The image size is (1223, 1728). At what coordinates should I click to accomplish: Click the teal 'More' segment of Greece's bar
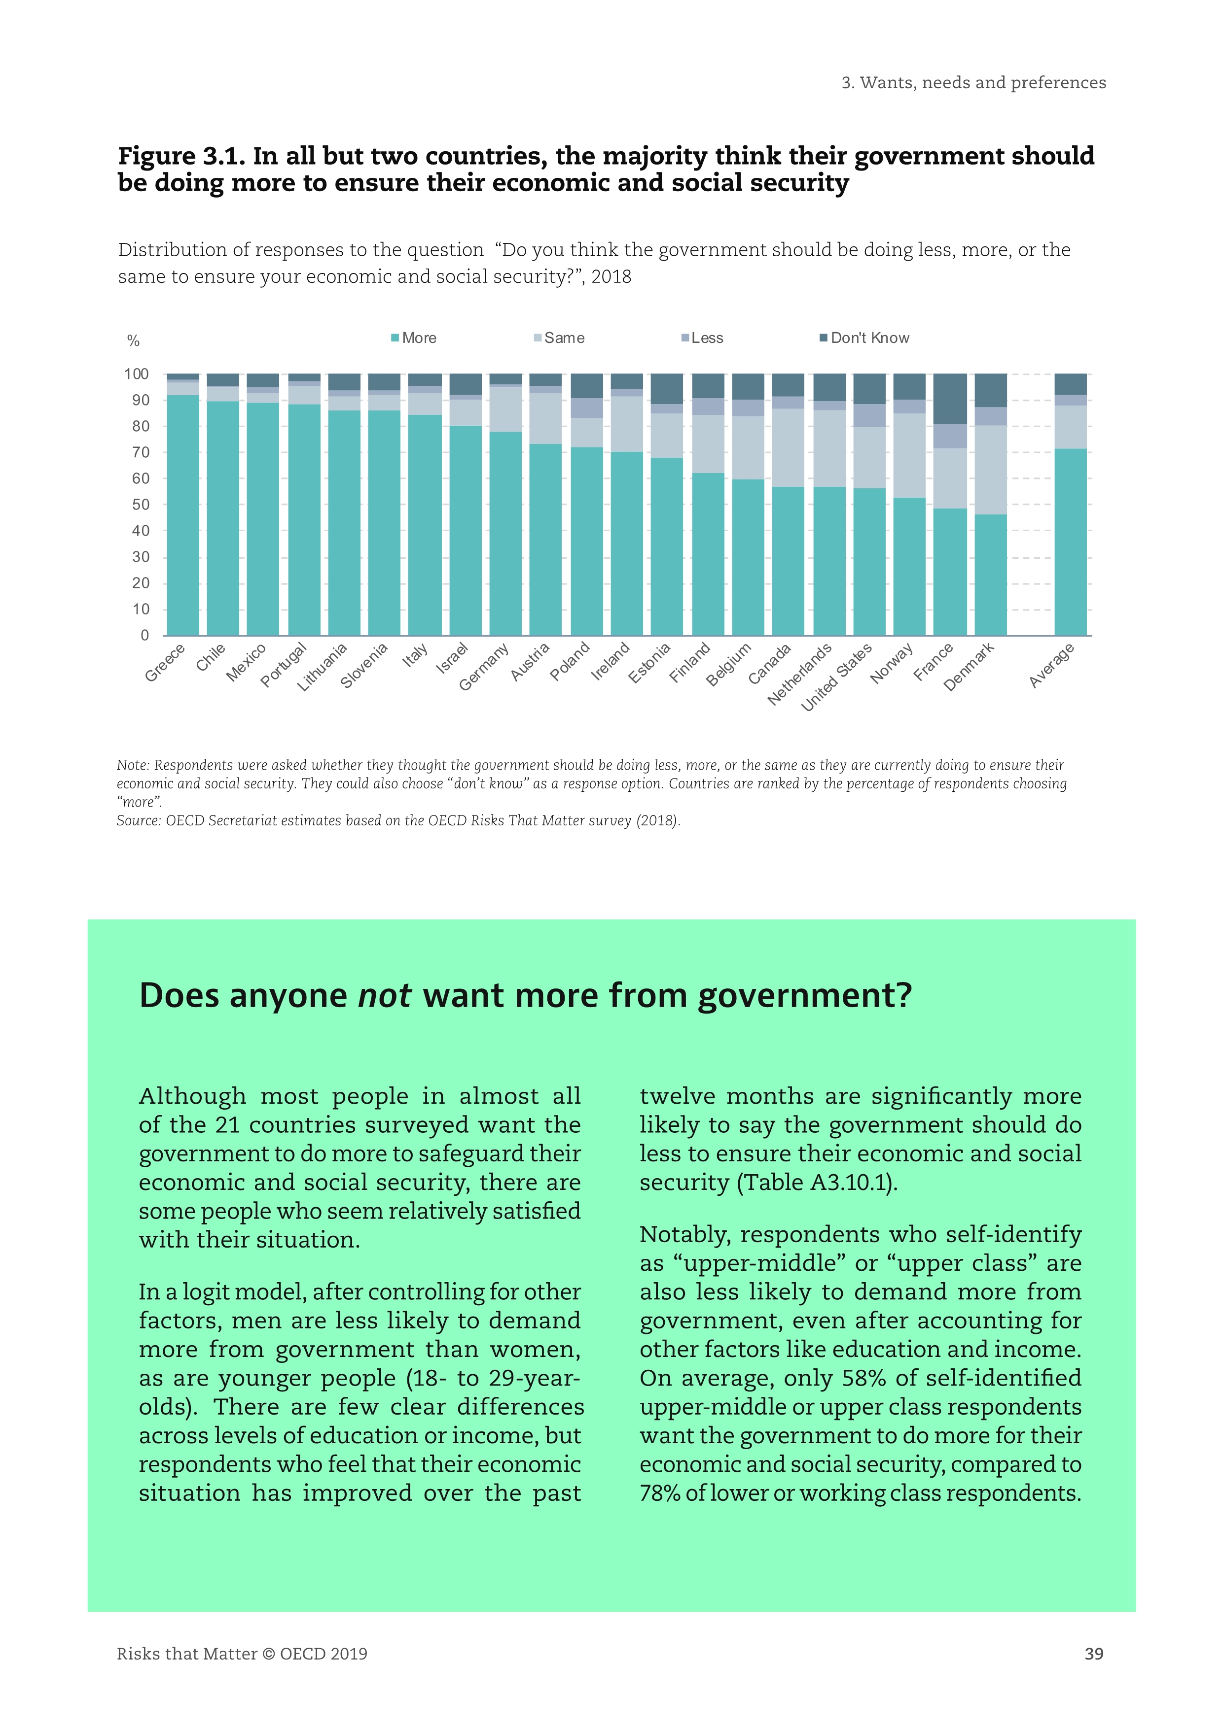183,515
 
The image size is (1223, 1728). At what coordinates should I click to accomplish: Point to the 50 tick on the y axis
140,504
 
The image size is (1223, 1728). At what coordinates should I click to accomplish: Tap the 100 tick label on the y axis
136,374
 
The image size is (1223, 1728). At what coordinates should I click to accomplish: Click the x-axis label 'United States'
836,677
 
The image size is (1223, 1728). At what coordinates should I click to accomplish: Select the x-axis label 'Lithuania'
323,667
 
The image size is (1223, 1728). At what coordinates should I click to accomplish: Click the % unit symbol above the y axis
133,341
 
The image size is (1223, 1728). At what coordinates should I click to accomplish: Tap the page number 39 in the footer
1093,1654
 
